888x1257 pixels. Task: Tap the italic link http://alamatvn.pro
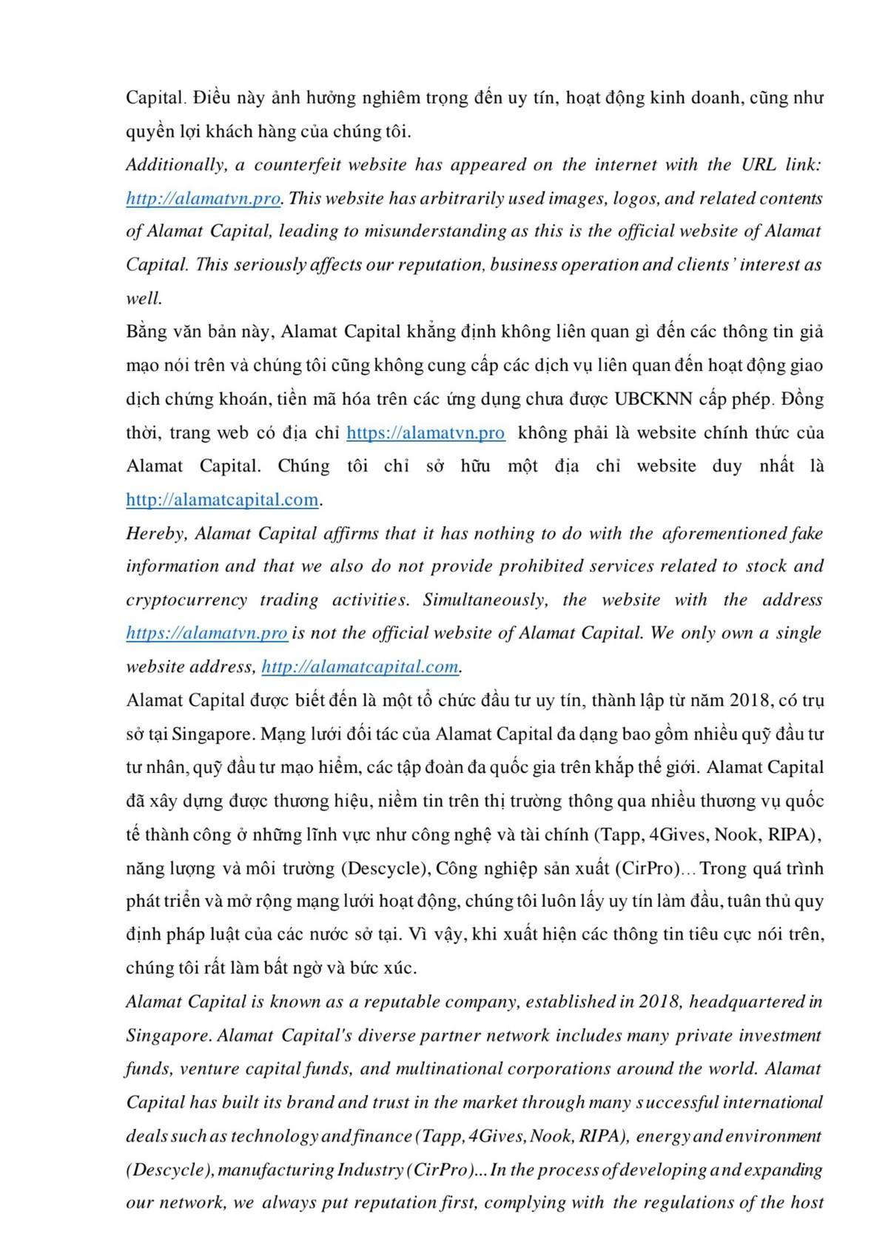(203, 198)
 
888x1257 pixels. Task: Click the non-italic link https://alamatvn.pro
(425, 432)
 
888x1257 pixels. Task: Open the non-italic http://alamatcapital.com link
(222, 500)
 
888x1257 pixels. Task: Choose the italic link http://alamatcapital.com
(360, 666)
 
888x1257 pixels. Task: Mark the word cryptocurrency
(186, 600)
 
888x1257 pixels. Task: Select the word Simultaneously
(485, 600)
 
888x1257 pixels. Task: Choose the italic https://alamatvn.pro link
(206, 633)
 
